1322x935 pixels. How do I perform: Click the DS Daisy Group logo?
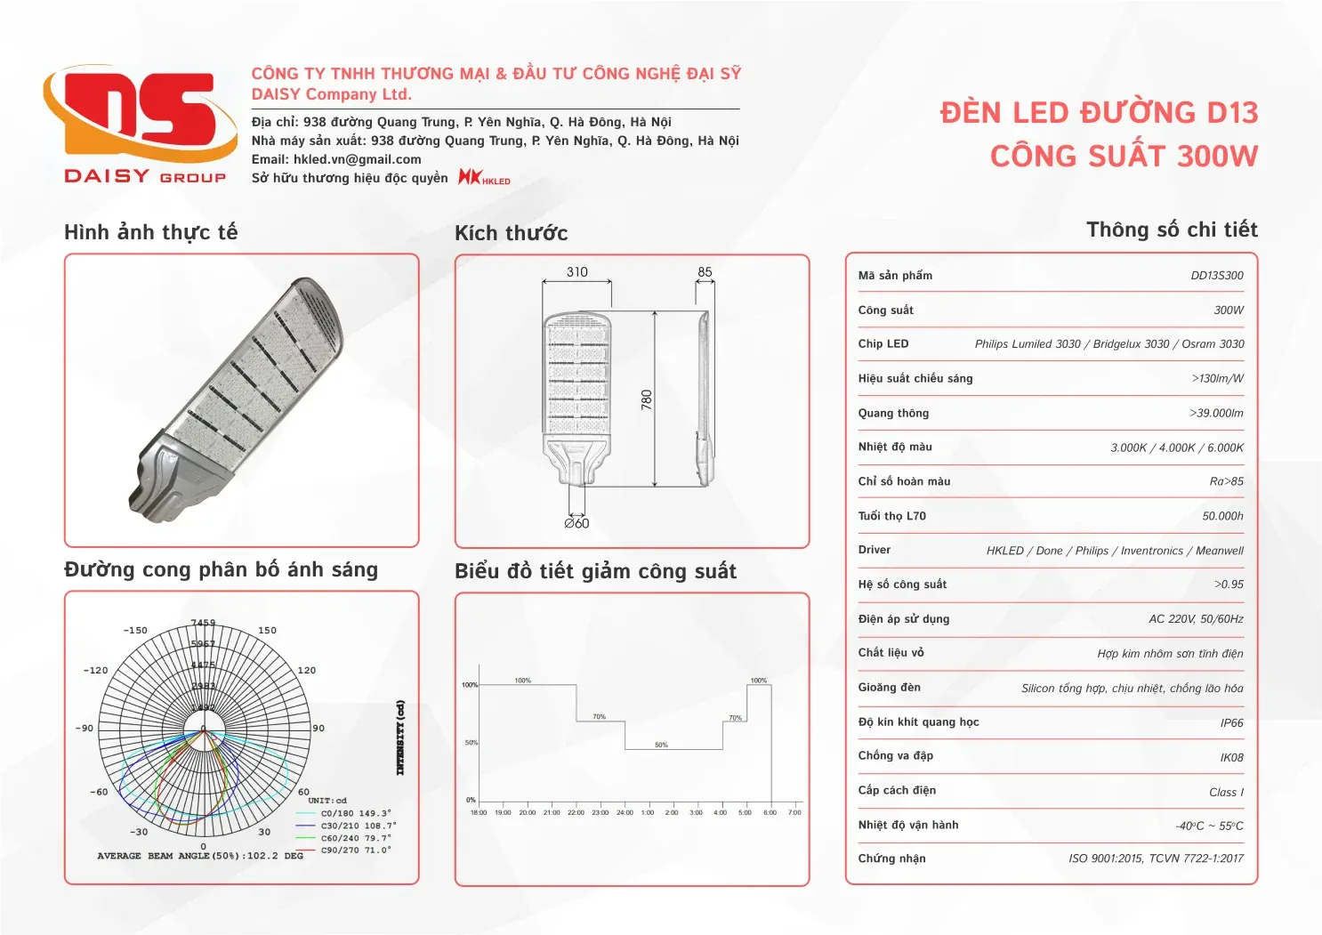click(141, 125)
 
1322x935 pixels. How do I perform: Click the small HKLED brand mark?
click(484, 178)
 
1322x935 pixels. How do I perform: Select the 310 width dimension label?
click(576, 272)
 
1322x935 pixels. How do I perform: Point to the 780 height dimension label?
click(647, 399)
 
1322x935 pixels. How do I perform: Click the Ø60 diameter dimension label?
click(576, 523)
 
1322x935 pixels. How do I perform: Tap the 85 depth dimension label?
click(705, 272)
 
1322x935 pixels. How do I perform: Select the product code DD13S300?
click(1216, 276)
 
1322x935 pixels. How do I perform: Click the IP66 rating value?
click(1231, 723)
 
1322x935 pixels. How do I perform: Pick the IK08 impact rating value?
click(1231, 758)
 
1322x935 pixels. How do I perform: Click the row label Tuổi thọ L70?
click(891, 516)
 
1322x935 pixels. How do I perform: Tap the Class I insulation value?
click(1226, 793)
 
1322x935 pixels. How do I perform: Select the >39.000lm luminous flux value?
click(1216, 414)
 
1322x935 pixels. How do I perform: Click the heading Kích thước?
click(511, 233)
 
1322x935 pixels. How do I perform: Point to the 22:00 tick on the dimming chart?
click(576, 812)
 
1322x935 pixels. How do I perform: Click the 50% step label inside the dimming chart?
click(661, 745)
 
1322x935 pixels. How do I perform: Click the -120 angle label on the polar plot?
click(95, 671)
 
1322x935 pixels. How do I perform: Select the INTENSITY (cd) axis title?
click(400, 738)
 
